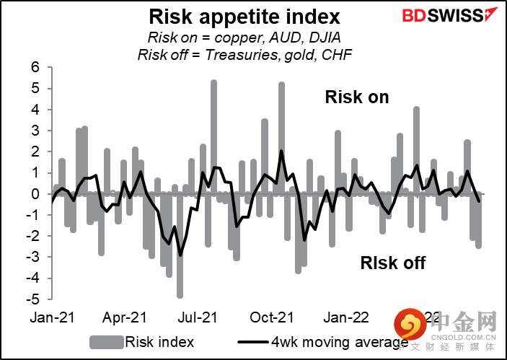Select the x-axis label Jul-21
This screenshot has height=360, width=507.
coord(199,317)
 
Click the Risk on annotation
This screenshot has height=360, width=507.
coord(357,97)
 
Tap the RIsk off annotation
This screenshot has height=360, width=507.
coord(393,263)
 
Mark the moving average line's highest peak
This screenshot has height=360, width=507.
coord(281,151)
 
